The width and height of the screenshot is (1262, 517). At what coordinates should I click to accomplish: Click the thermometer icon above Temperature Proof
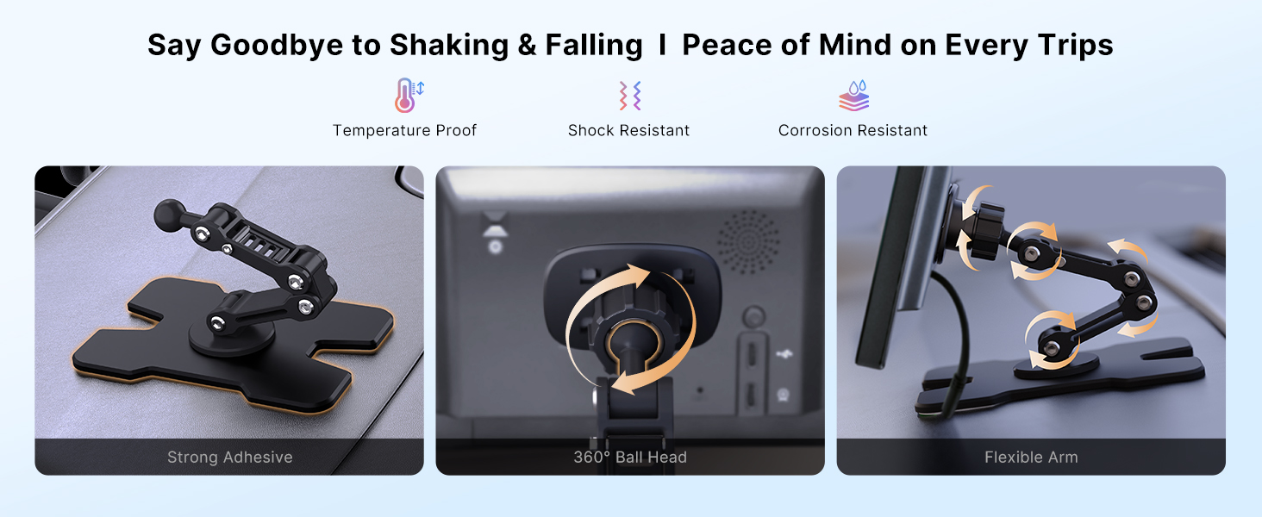409,95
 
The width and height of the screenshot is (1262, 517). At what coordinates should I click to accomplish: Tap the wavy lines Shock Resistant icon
630,95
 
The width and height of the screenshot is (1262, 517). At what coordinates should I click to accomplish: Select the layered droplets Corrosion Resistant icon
853,96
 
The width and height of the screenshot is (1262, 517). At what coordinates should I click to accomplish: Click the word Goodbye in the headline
277,45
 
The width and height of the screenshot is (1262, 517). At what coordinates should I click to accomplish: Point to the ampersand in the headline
527,45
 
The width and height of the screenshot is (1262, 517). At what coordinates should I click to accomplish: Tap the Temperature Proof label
404,131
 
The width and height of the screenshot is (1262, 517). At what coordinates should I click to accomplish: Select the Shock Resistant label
628,131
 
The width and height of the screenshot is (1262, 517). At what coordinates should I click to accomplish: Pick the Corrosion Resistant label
853,131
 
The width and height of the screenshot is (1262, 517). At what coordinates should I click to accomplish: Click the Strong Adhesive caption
230,457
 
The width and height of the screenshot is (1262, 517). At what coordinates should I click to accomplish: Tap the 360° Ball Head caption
630,457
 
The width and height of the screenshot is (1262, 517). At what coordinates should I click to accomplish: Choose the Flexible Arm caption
1031,457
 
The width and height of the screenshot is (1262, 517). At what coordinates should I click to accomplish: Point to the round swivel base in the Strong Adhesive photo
231,338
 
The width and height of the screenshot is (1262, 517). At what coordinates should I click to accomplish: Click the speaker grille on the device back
748,242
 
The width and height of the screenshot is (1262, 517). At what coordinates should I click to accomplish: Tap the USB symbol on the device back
784,353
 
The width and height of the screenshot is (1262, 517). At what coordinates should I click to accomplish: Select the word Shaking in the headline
449,45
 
